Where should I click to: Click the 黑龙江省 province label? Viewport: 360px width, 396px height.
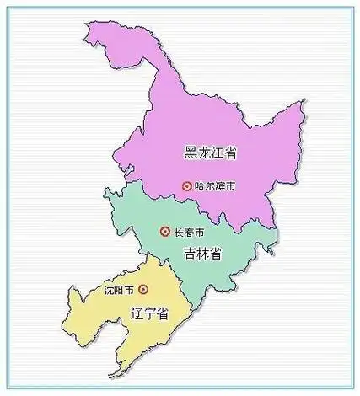pos(210,153)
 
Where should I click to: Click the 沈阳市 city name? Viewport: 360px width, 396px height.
pos(119,290)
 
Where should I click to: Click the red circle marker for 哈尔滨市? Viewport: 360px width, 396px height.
pos(187,186)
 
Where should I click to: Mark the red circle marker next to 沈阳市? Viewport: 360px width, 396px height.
pos(142,290)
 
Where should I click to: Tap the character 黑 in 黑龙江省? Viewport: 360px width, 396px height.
pos(191,153)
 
